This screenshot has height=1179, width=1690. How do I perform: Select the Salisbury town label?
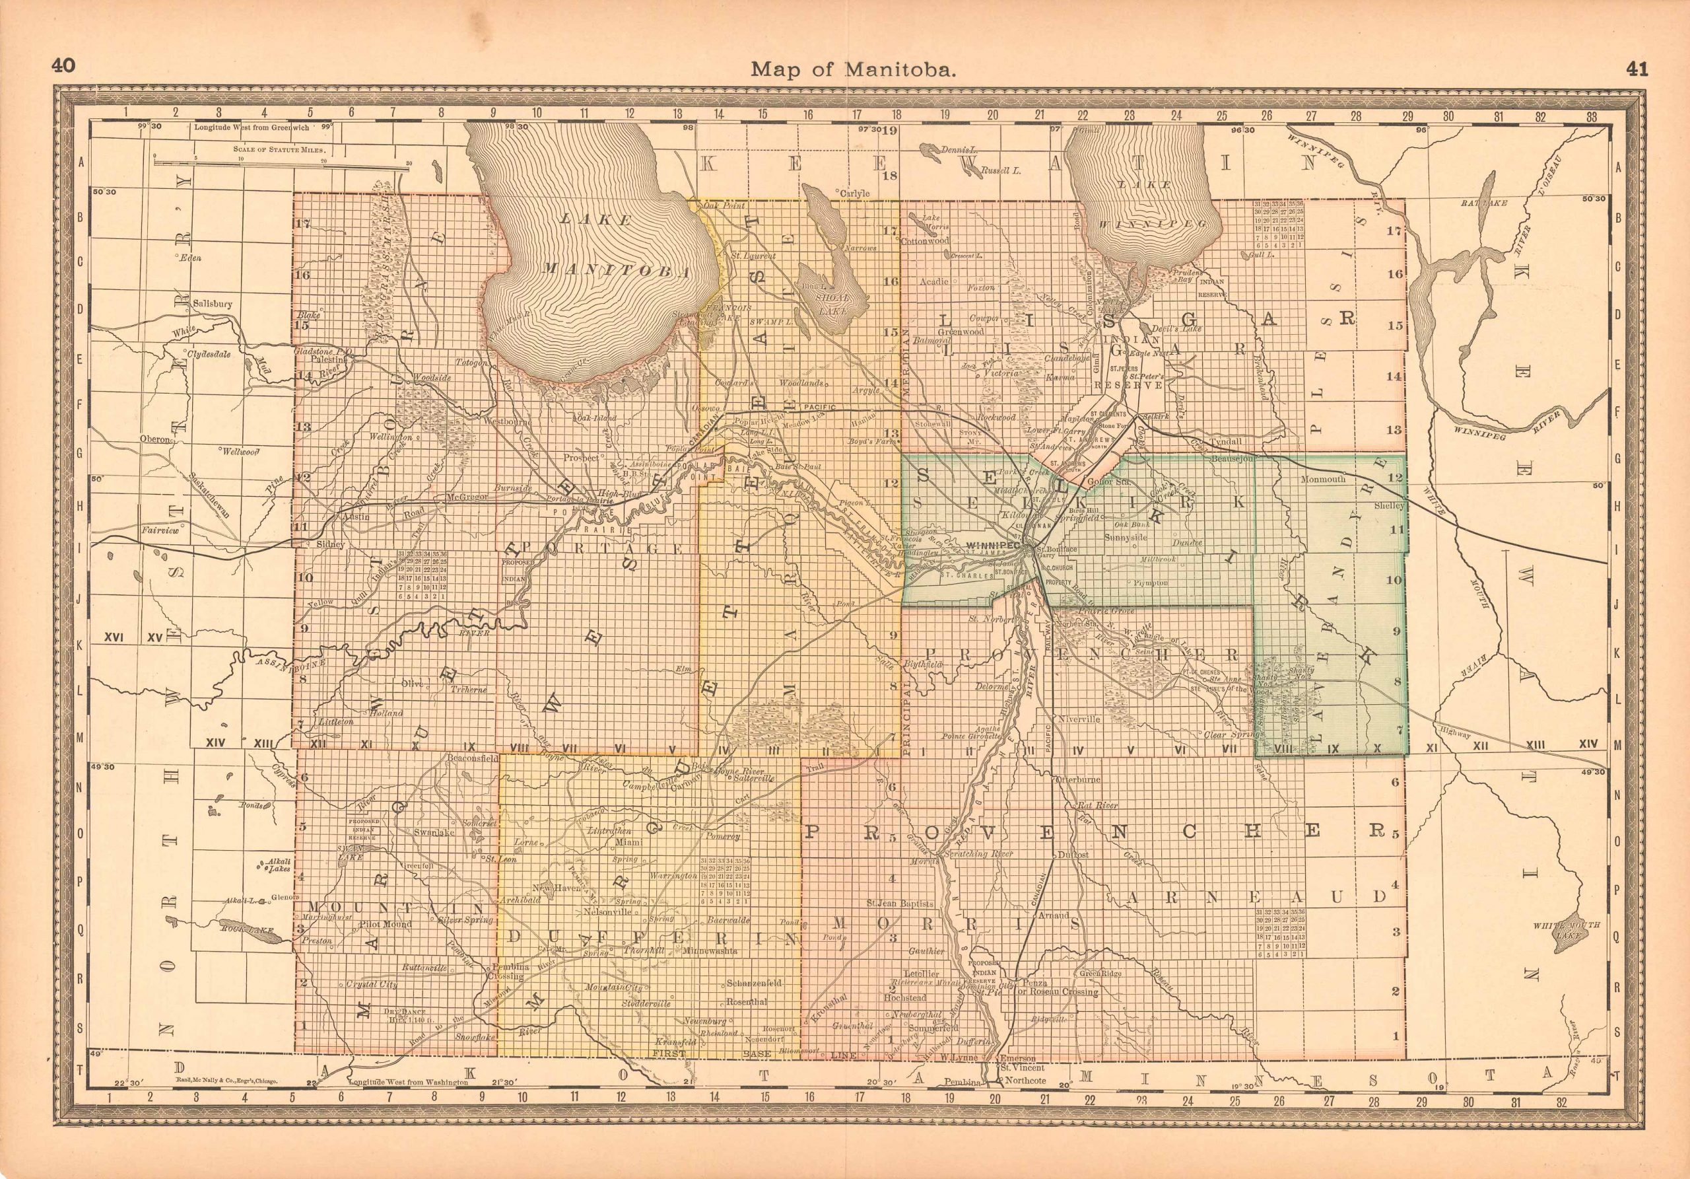click(x=212, y=303)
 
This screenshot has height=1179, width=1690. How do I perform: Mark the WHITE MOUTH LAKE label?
click(x=1569, y=950)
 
